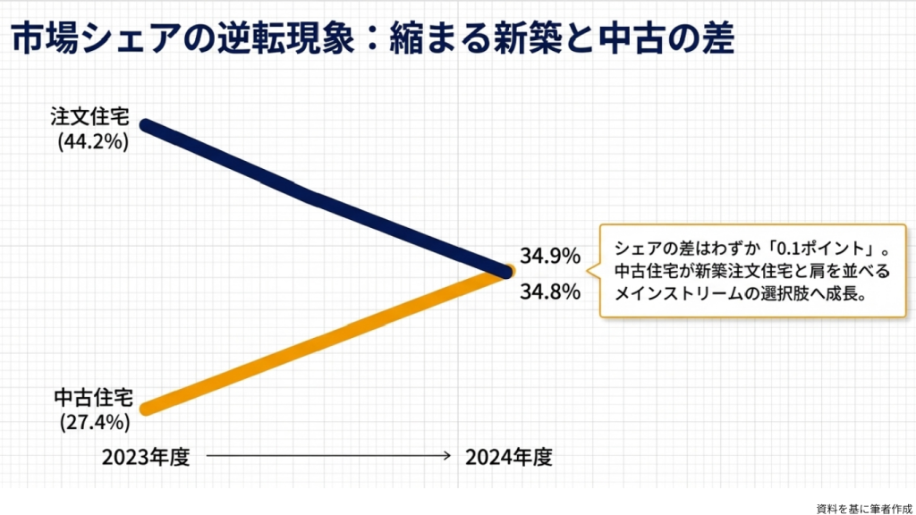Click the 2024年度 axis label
click(508, 457)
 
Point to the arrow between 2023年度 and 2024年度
click(327, 457)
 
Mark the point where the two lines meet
click(506, 270)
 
